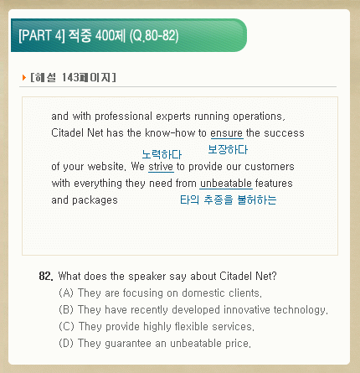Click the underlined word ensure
pos(227,133)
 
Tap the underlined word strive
pos(161,167)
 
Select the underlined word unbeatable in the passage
pos(226,184)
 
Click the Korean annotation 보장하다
pos(228,149)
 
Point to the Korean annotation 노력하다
pos(162,154)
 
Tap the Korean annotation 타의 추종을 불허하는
pos(229,199)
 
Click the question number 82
pos(46,276)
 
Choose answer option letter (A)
pos(66,293)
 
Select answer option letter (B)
pos(66,309)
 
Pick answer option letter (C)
pos(66,326)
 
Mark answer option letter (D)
pos(66,343)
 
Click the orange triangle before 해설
pos(24,77)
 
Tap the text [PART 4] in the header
pos(42,35)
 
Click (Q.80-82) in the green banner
pos(154,35)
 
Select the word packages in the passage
pos(95,200)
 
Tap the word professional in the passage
pos(124,117)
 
